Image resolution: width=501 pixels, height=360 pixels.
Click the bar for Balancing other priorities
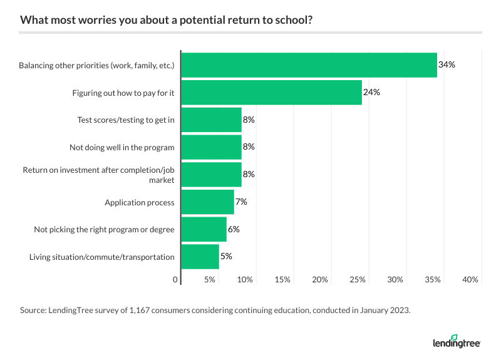coord(309,64)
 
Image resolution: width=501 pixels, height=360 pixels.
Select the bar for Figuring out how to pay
coord(271,92)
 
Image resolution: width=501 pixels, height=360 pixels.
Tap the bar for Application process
coord(207,202)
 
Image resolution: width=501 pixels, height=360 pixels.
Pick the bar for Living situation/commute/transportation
coord(200,257)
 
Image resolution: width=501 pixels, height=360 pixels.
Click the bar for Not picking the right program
coord(204,229)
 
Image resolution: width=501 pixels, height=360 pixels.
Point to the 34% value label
coord(447,64)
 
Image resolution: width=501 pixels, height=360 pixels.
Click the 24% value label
coord(371,92)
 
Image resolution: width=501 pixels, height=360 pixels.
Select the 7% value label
coord(241,202)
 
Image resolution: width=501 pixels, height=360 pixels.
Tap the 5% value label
coord(226,257)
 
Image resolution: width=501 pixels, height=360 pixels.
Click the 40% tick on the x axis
coord(470,280)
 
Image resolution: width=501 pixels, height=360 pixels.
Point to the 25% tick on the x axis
coord(358,280)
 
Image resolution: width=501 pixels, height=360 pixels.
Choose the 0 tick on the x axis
coord(175,280)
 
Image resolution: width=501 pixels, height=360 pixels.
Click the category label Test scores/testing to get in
coord(125,120)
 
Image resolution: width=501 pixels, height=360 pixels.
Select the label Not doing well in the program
coord(121,147)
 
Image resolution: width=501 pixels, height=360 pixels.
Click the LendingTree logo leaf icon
coord(455,337)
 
